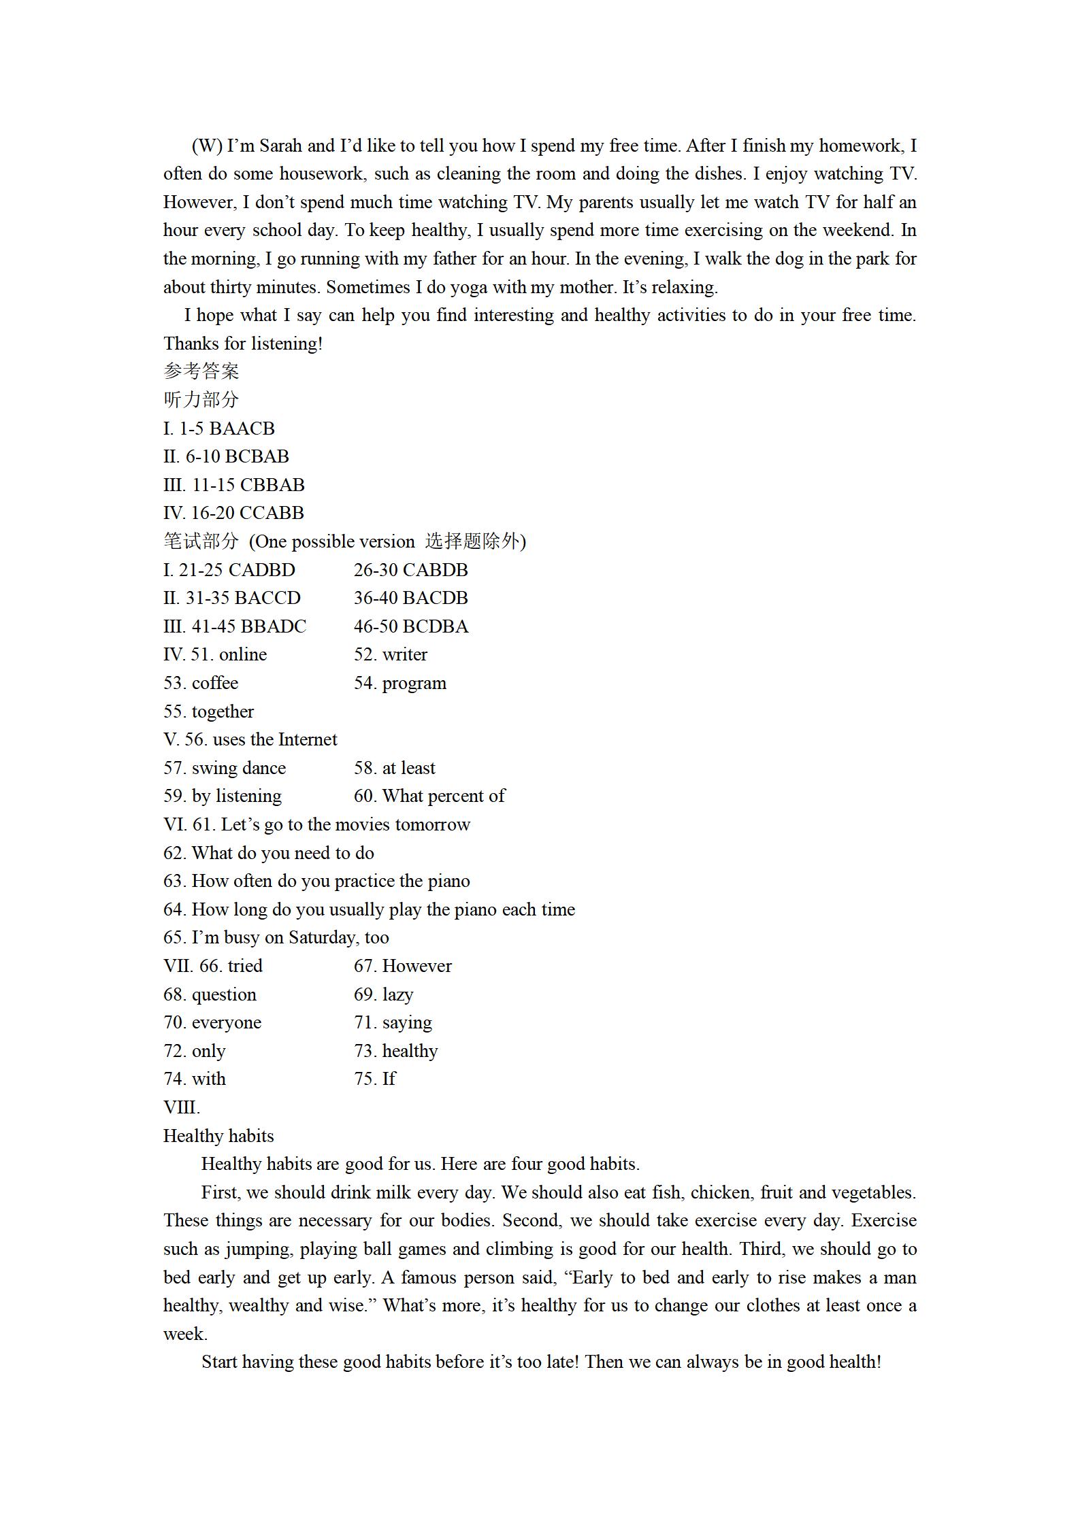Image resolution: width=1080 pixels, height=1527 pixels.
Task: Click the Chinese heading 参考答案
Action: pos(201,371)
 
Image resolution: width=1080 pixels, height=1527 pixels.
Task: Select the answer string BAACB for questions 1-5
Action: pos(242,429)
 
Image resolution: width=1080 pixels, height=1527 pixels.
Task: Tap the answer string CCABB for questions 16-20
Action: pos(272,513)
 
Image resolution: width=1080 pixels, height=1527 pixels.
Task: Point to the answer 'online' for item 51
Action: pos(243,654)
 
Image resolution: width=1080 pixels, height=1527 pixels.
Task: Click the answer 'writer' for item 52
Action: pos(405,654)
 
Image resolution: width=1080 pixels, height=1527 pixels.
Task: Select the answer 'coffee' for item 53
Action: pos(215,683)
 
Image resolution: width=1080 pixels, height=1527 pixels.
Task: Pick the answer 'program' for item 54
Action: pos(414,683)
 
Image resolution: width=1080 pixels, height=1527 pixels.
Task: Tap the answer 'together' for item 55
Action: pos(223,711)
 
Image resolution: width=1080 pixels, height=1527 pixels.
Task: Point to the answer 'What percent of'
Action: pos(444,796)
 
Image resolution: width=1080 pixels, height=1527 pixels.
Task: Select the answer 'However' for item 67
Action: pos(417,966)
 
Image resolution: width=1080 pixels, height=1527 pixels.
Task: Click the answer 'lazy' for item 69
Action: pos(398,994)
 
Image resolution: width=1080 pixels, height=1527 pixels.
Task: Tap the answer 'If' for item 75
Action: pos(389,1079)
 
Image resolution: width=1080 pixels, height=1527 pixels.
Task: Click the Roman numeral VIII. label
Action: pos(182,1107)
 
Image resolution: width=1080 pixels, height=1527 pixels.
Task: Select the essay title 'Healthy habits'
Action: pos(218,1136)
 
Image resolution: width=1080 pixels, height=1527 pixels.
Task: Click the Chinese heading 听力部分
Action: pos(201,400)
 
